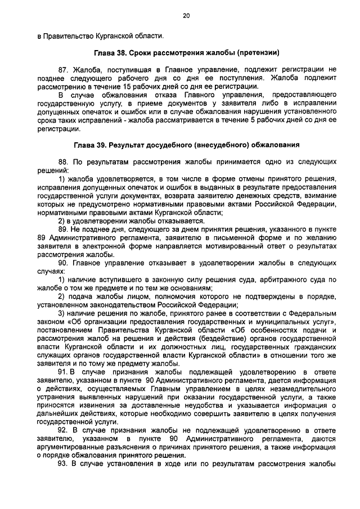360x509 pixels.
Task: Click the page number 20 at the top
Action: click(x=186, y=16)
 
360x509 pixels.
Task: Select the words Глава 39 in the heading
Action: click(x=91, y=145)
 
